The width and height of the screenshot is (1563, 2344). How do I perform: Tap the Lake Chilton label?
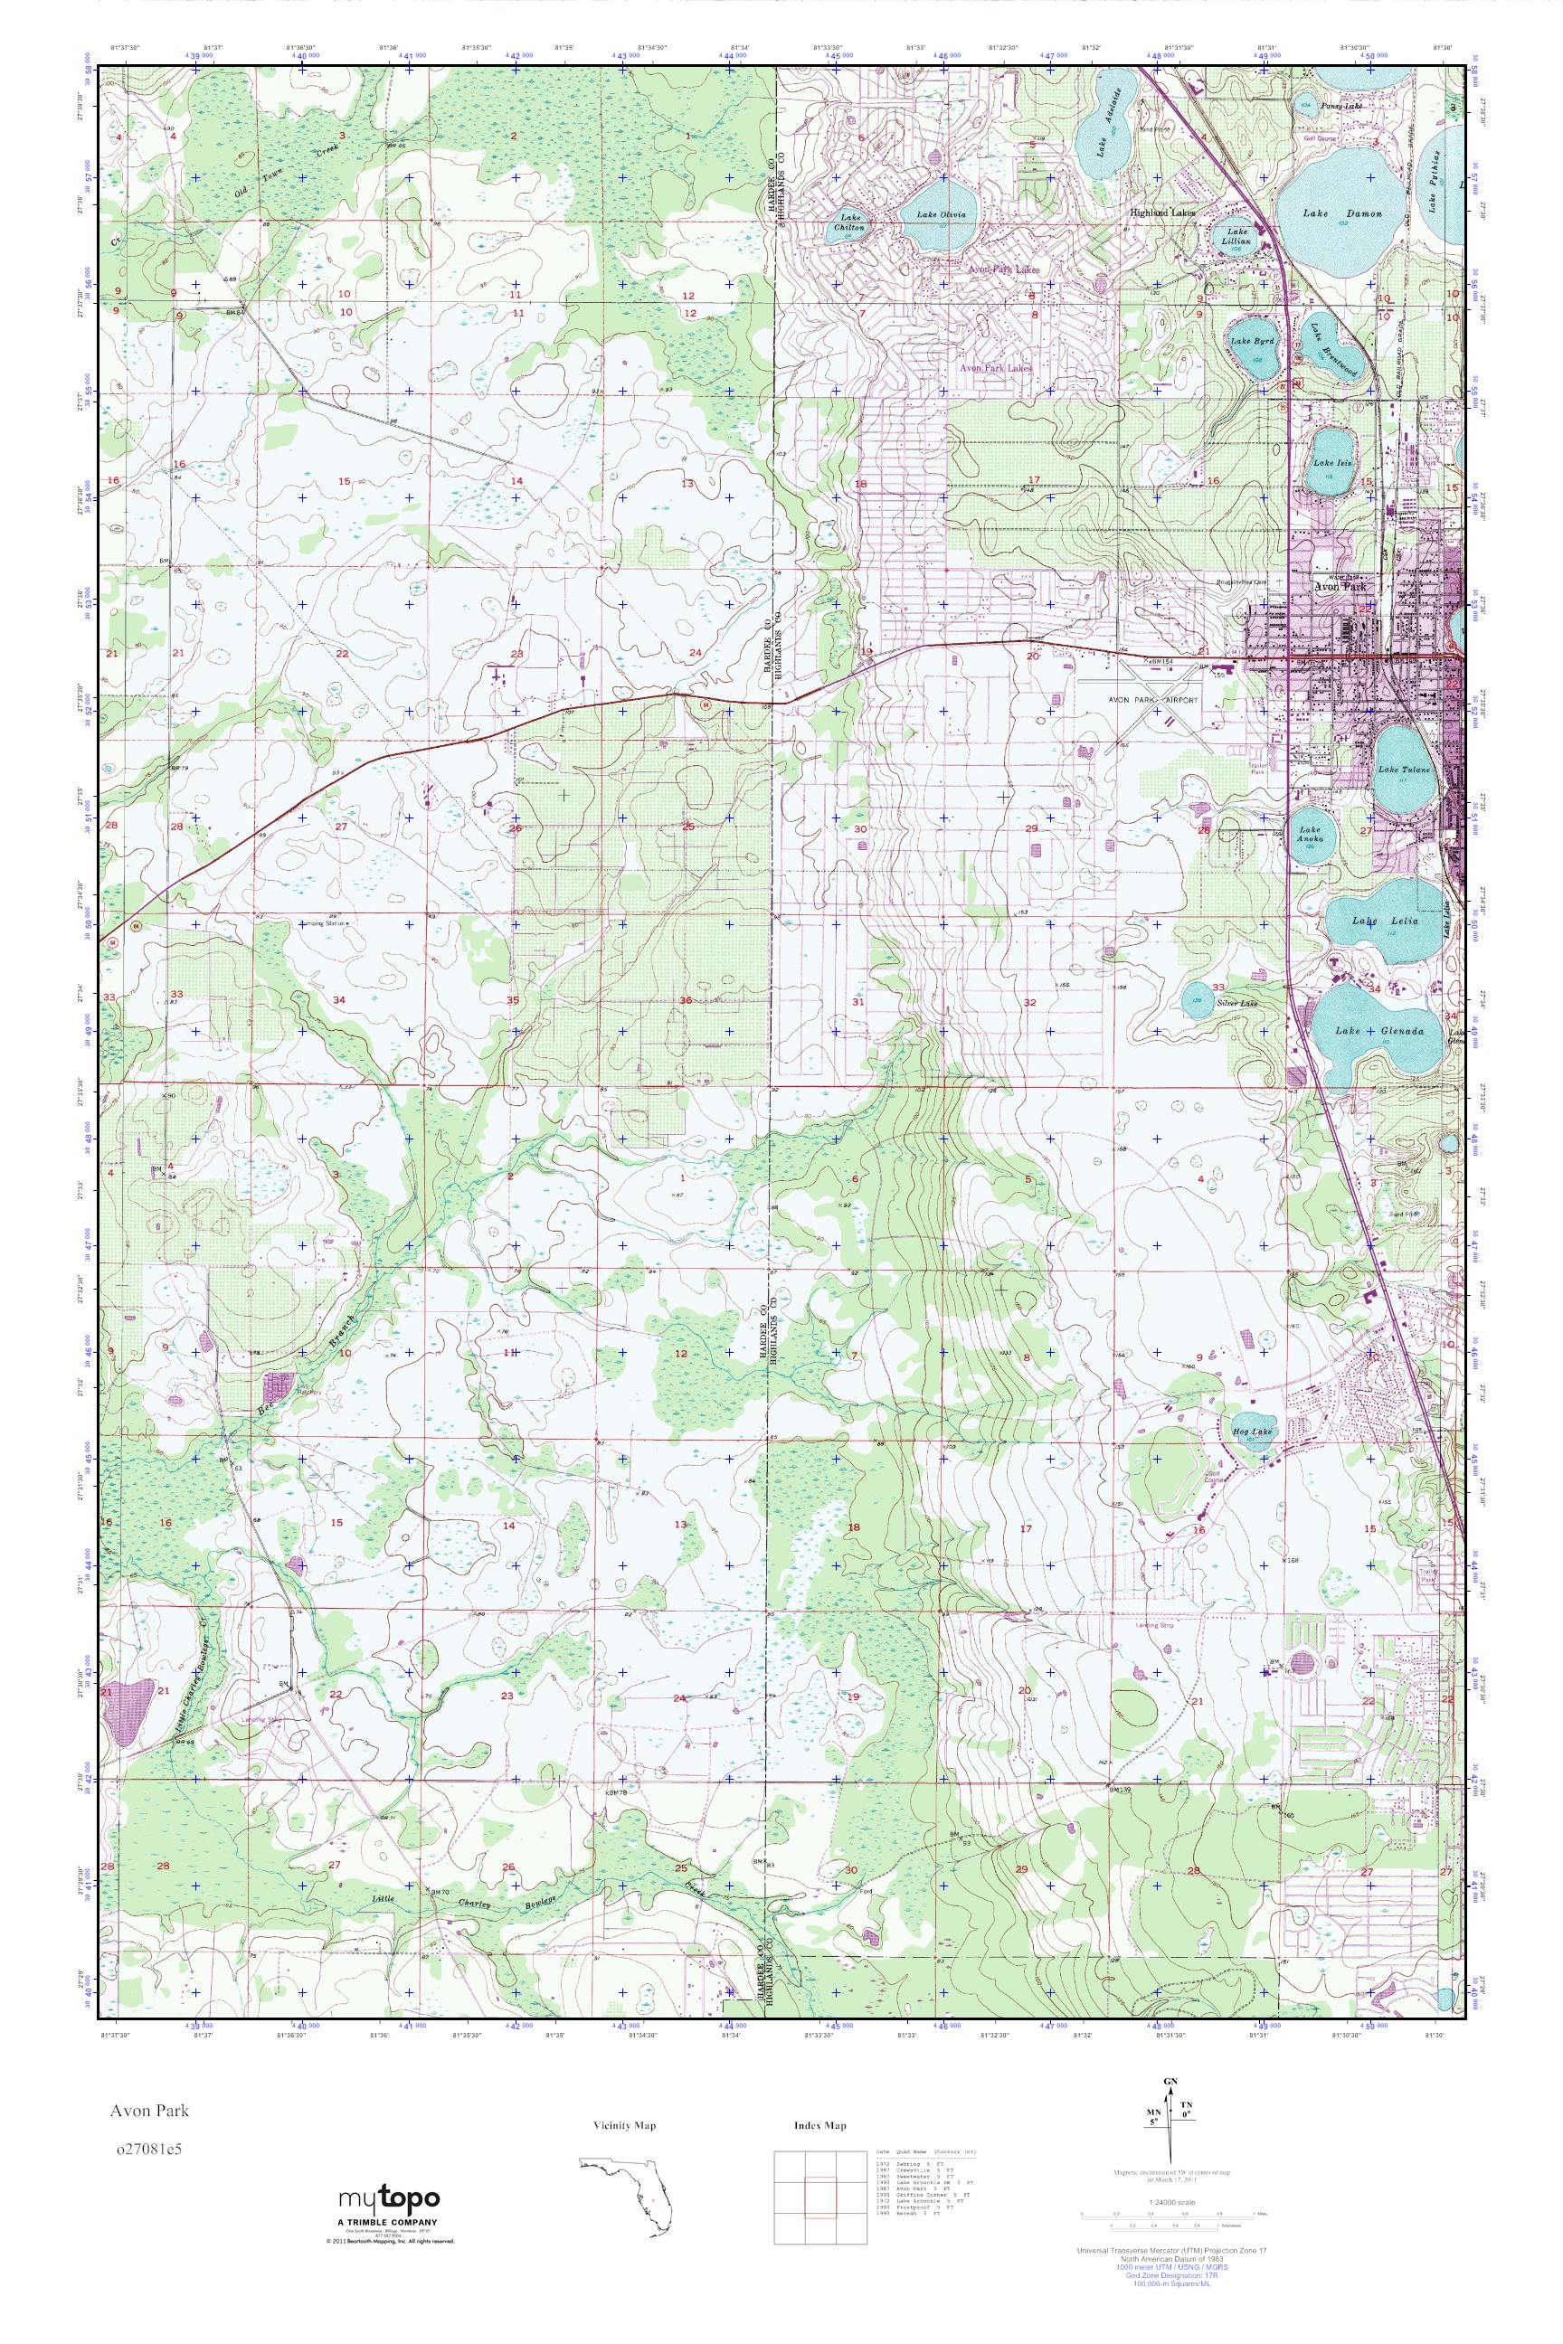[x=851, y=222]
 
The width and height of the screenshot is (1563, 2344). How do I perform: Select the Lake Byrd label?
[x=1245, y=341]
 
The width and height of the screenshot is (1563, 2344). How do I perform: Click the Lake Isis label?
[x=1331, y=462]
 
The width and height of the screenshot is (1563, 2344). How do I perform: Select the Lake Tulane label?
[x=1404, y=770]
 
